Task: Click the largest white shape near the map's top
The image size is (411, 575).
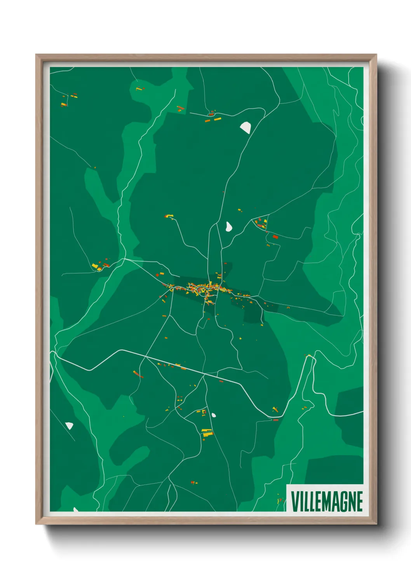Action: point(246,127)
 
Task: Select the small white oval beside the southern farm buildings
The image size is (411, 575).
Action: point(214,415)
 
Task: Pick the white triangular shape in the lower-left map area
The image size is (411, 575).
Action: point(70,425)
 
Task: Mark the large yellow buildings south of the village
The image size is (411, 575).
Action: point(207,432)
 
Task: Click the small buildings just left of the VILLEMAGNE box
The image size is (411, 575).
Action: point(279,500)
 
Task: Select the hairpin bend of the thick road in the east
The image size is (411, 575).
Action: point(310,358)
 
